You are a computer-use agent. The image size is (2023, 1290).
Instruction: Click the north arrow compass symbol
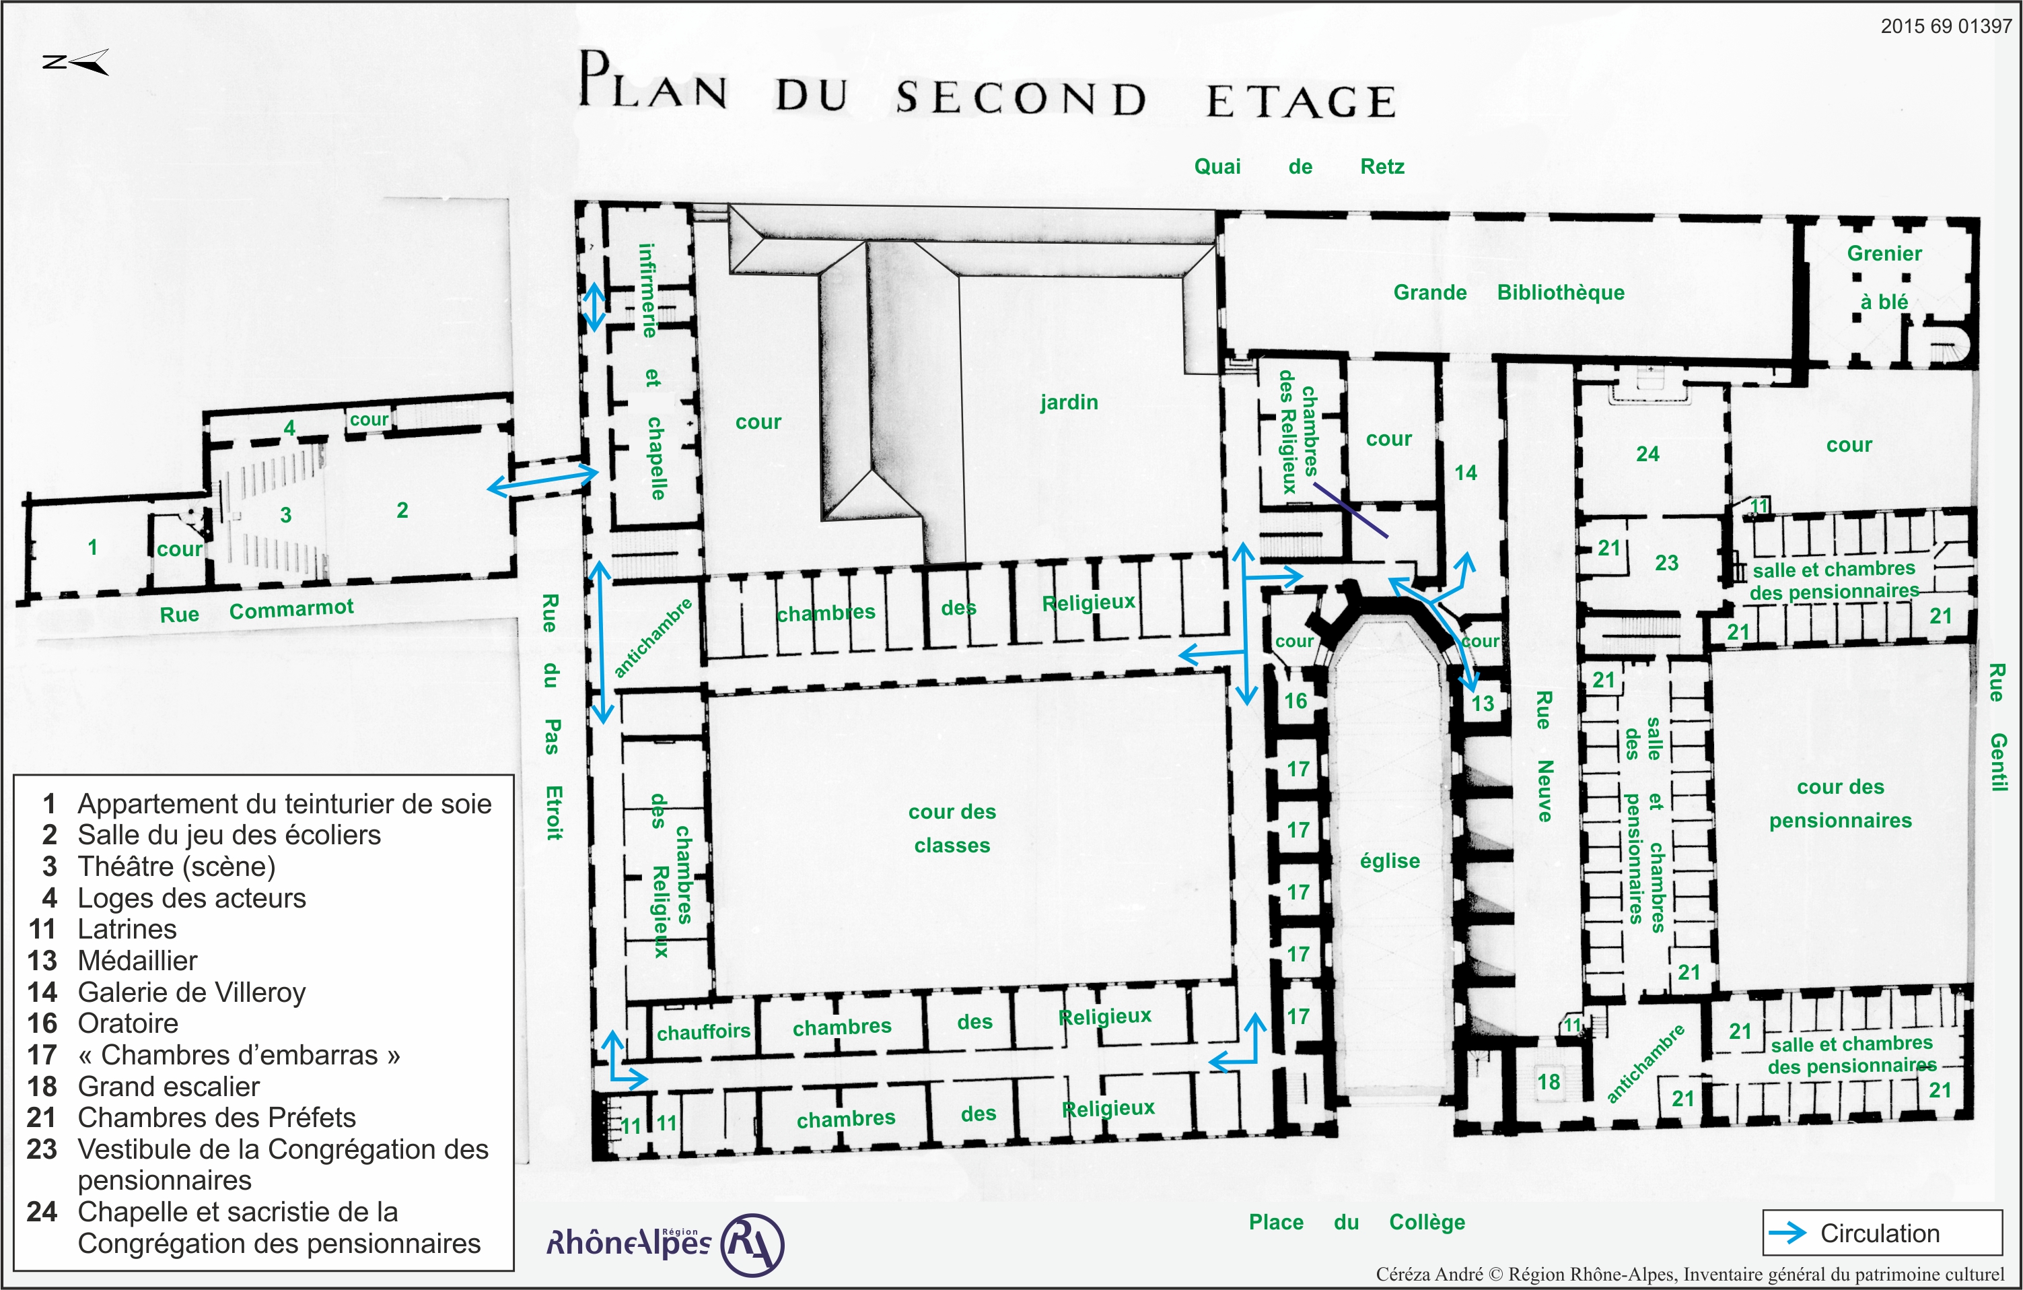tap(75, 62)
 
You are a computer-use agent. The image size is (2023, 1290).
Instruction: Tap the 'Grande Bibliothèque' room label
tap(1509, 292)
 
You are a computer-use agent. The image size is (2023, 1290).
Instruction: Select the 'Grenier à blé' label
tap(1884, 277)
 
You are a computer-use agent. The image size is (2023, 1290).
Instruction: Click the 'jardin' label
tap(1069, 403)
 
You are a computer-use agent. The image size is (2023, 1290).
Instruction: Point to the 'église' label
tap(1390, 860)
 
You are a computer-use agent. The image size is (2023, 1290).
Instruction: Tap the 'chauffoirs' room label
tap(703, 1032)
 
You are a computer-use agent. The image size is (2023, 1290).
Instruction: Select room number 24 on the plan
tap(1647, 454)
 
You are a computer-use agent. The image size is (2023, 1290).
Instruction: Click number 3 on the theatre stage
tap(285, 514)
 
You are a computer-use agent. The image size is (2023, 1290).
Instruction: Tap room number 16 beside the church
tap(1296, 701)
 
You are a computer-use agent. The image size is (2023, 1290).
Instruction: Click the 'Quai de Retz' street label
tap(1299, 166)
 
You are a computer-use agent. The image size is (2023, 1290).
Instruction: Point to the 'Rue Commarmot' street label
tap(256, 610)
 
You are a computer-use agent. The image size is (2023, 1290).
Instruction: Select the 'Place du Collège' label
tap(1357, 1222)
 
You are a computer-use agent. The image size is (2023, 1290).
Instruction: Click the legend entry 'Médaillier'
tap(137, 961)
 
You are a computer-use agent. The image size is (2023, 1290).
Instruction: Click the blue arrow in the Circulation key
tap(1787, 1233)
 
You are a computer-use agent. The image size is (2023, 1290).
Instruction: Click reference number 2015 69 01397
tap(1946, 26)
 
